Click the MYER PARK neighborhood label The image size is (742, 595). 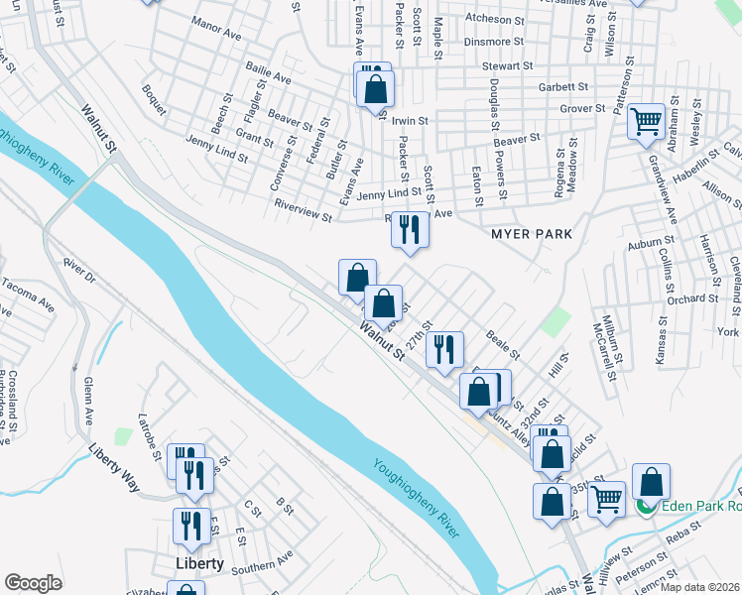pyautogui.click(x=532, y=234)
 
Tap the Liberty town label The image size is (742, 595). pyautogui.click(x=199, y=563)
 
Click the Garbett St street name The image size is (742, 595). pyautogui.click(x=563, y=87)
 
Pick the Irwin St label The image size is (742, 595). pyautogui.click(x=409, y=121)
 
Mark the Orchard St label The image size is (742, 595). pyautogui.click(x=691, y=298)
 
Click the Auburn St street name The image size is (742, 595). pyautogui.click(x=650, y=240)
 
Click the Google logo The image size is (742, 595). pyautogui.click(x=33, y=583)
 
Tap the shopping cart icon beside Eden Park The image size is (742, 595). pyautogui.click(x=606, y=500)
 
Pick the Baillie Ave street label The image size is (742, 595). pyautogui.click(x=268, y=76)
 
